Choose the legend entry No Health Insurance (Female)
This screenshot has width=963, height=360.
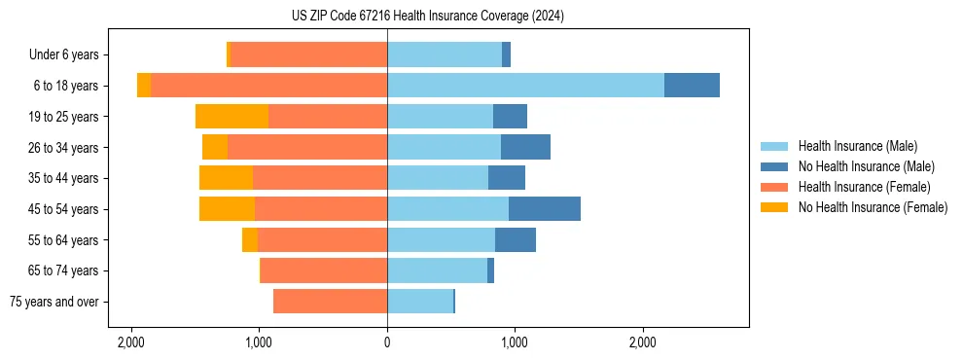[x=873, y=207]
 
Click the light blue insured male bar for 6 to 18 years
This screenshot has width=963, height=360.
[x=525, y=86]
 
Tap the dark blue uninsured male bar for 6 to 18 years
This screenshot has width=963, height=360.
[x=692, y=86]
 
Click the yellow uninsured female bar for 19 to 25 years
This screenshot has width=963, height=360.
[x=232, y=117]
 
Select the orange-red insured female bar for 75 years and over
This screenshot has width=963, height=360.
[x=330, y=302]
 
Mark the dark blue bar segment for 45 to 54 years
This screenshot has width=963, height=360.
[x=544, y=209]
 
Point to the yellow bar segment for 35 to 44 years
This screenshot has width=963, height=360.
[x=226, y=178]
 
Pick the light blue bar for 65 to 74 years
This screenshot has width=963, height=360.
[x=437, y=270]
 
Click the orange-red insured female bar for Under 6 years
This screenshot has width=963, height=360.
[x=308, y=54]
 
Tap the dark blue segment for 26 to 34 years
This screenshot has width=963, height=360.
[x=525, y=148]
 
